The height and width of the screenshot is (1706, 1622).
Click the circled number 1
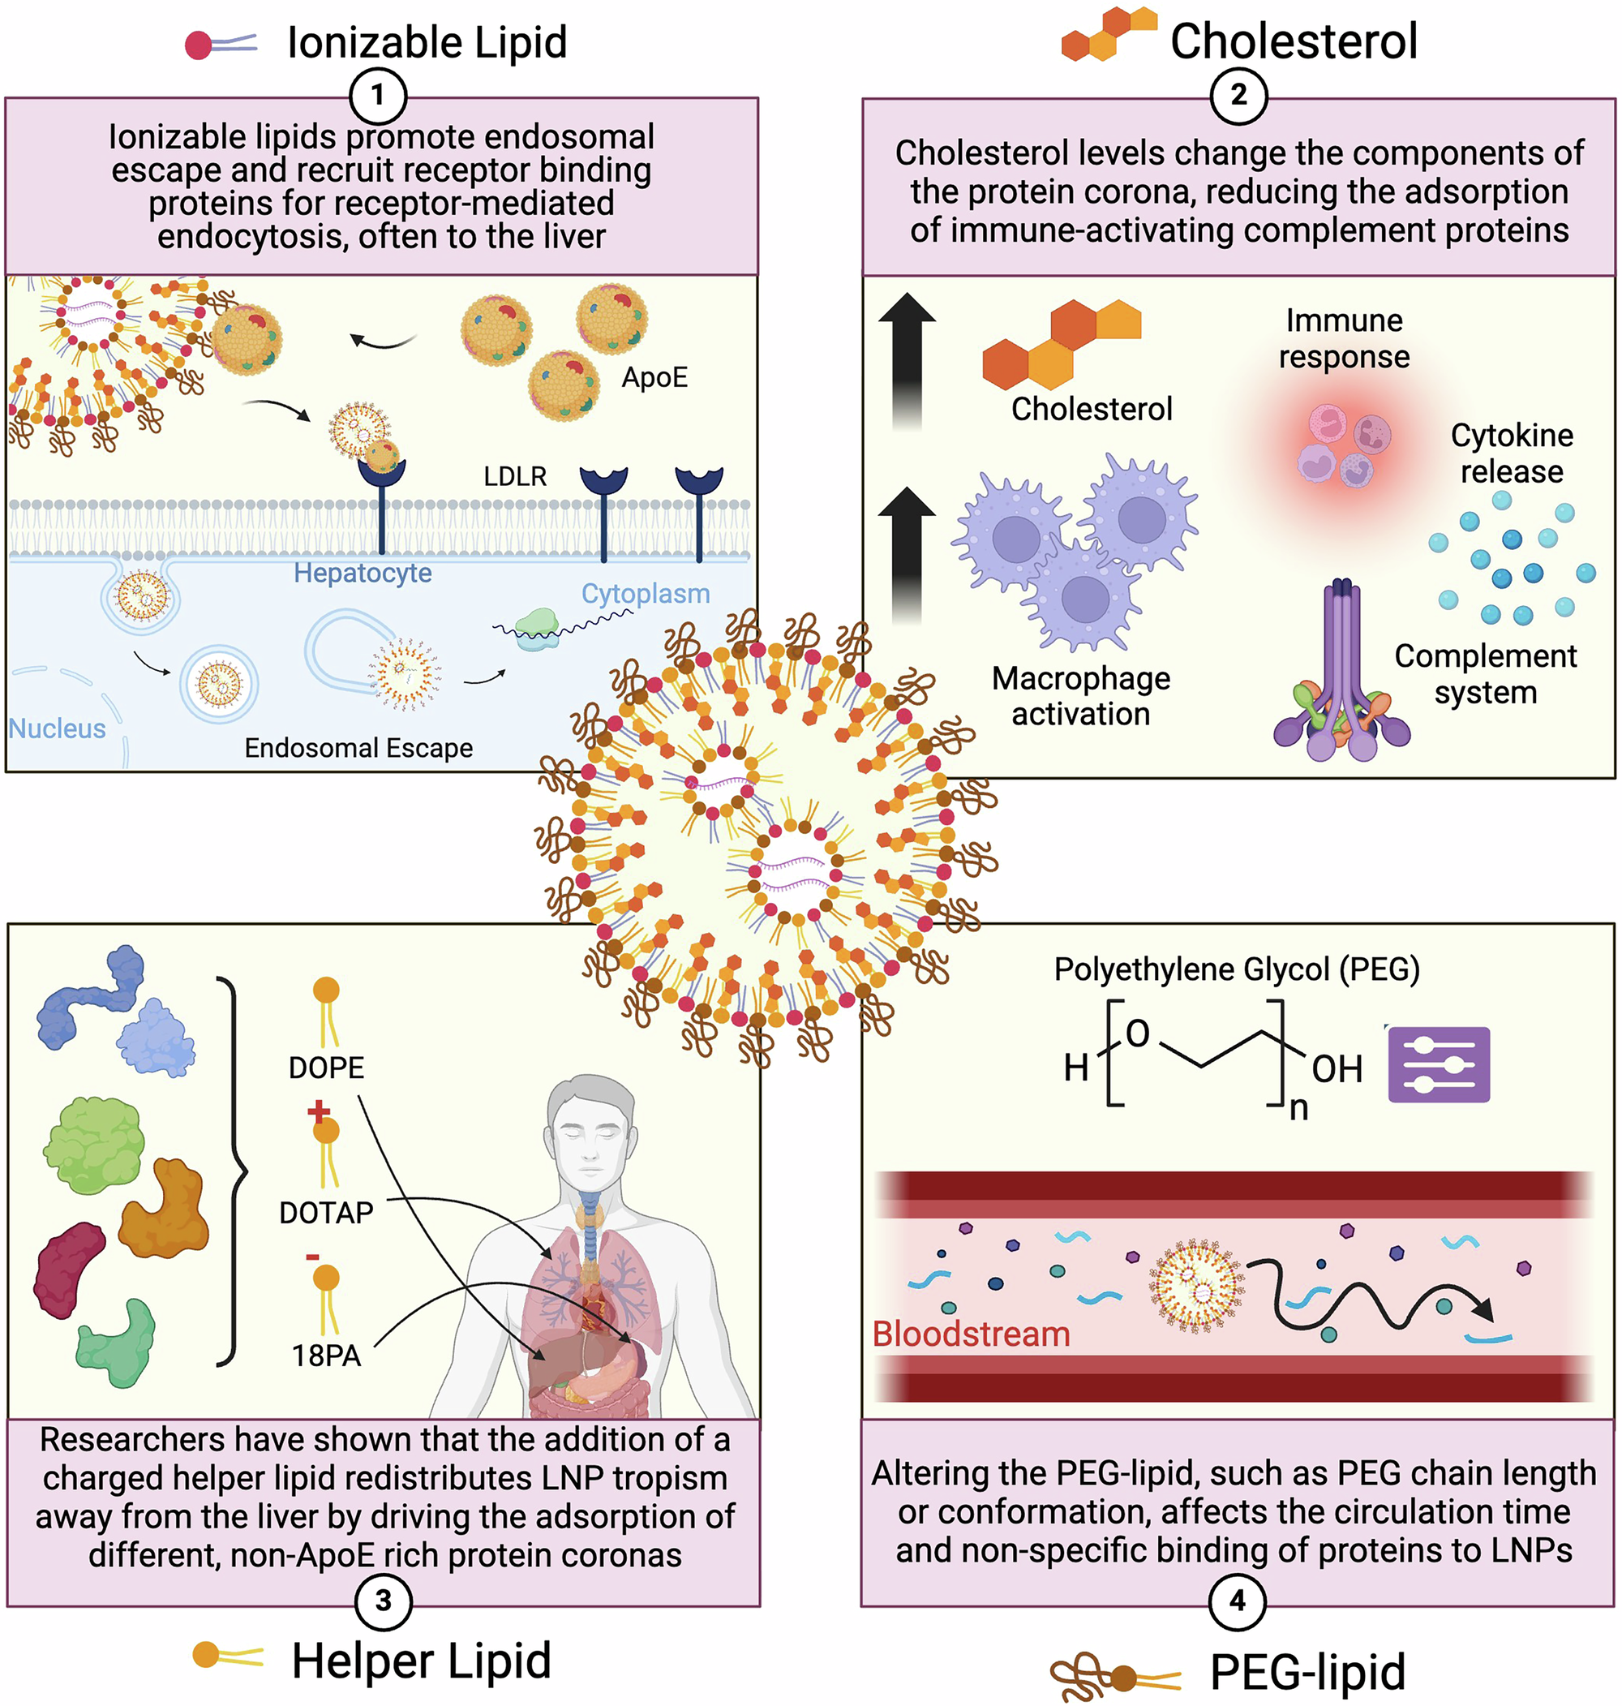[x=378, y=95]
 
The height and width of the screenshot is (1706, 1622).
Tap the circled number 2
[x=1238, y=95]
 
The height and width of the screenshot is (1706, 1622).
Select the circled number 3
[x=384, y=1601]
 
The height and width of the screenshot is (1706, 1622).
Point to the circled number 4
[x=1238, y=1601]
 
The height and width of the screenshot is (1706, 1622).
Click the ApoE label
[x=654, y=378]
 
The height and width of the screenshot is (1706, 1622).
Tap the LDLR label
[x=515, y=476]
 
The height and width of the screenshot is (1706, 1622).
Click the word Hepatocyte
[x=363, y=573]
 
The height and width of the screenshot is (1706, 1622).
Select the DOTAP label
[x=326, y=1212]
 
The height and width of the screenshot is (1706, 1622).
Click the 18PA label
[x=326, y=1355]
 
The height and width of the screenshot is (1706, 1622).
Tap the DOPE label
[x=326, y=1068]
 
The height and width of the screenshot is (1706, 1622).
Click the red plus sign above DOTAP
[x=318, y=1111]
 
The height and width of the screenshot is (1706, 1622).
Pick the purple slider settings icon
[x=1439, y=1064]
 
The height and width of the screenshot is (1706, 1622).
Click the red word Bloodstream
[x=971, y=1334]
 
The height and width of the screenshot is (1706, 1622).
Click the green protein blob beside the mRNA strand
[x=538, y=629]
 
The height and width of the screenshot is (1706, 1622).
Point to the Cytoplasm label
[x=645, y=594]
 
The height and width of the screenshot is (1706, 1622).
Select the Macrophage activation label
[x=1081, y=696]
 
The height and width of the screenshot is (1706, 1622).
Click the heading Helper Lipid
[x=421, y=1661]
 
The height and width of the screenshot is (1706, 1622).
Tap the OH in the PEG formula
[x=1337, y=1070]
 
